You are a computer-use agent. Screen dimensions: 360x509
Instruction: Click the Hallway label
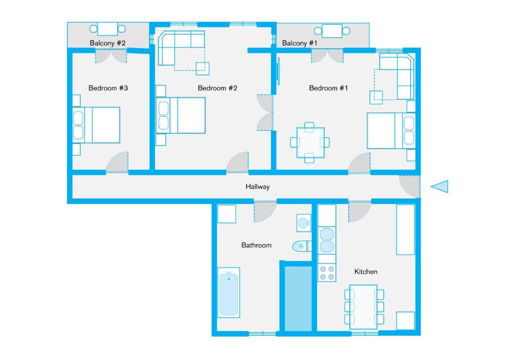pos(257,187)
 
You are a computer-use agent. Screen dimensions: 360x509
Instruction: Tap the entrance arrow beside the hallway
pos(440,186)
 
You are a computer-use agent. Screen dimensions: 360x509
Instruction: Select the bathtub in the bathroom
pos(229,292)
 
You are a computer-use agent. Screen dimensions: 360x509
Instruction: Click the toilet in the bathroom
pos(300,246)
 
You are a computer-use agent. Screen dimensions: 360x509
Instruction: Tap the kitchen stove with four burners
pos(327,273)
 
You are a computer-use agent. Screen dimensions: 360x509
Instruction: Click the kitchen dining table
pos(363,306)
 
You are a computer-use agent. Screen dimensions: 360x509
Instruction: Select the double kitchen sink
pos(327,240)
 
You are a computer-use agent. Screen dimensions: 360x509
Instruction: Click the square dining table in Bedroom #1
pos(310,143)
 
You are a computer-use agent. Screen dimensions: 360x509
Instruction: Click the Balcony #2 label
pos(108,43)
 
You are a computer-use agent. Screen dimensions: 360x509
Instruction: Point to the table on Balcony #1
pos(332,31)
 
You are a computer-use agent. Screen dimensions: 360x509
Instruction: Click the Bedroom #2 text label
pos(217,88)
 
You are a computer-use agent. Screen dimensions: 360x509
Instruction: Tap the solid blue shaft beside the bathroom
pos(298,298)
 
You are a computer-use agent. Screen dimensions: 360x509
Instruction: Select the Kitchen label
pos(365,271)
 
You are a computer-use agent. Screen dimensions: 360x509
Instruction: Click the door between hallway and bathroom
pos(264,211)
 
